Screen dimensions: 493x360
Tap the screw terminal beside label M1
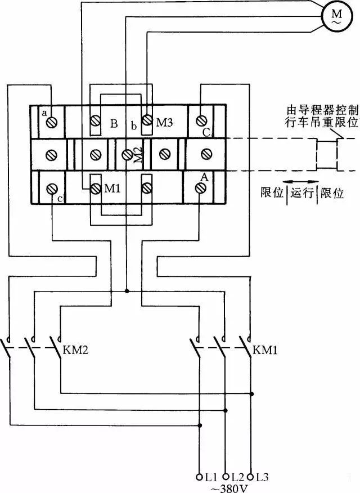[x=95, y=187]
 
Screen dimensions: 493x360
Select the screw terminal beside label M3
[x=147, y=120]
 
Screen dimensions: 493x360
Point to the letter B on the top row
[x=114, y=123]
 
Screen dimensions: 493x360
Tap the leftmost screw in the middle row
[x=52, y=154]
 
